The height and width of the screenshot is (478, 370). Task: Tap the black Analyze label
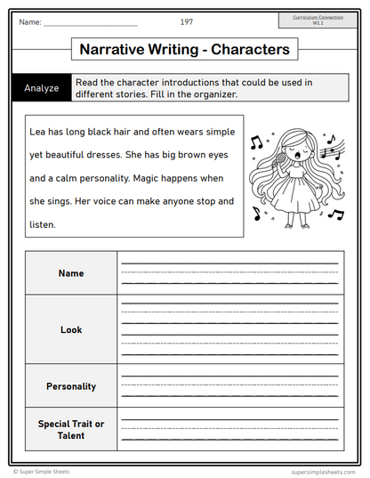(42, 88)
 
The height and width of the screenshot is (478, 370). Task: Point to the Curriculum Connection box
(318, 20)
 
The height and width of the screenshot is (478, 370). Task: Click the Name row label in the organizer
(71, 273)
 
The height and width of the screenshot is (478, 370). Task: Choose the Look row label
(71, 329)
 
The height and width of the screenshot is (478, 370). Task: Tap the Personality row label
(71, 386)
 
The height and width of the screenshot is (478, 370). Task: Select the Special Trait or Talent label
(71, 429)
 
